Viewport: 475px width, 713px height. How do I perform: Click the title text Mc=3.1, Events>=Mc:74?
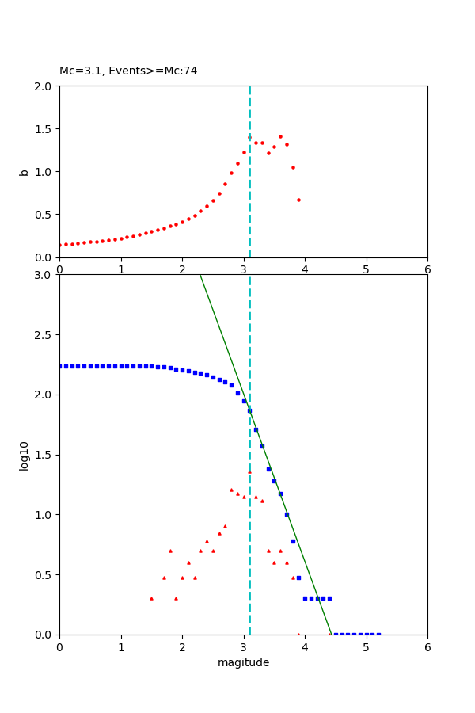click(x=128, y=71)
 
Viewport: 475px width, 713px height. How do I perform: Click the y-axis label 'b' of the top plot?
click(x=25, y=172)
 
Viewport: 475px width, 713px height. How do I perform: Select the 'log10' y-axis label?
click(x=25, y=456)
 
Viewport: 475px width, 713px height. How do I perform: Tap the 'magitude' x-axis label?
click(x=243, y=663)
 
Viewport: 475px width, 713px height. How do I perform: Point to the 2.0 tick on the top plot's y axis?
click(x=44, y=86)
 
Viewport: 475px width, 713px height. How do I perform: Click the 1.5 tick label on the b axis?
click(x=44, y=129)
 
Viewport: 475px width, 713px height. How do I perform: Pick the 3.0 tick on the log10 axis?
click(x=44, y=275)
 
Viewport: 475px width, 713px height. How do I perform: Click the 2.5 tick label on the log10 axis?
click(x=44, y=335)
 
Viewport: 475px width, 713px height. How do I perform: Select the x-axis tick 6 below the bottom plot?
click(x=427, y=647)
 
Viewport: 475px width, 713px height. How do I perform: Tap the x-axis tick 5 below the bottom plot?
click(x=366, y=647)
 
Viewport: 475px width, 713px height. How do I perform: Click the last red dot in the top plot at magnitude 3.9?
click(x=298, y=200)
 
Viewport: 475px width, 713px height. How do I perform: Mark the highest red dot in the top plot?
click(x=280, y=136)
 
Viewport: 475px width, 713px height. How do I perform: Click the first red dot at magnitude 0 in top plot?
click(x=59, y=245)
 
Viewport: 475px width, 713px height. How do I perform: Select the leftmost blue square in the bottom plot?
click(x=59, y=366)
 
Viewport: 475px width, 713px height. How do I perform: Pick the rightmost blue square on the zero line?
click(x=378, y=635)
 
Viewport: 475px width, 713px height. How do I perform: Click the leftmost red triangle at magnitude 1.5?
click(x=151, y=598)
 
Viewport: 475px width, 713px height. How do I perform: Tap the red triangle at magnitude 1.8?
click(x=170, y=551)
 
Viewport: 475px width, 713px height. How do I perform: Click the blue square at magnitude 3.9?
click(x=298, y=578)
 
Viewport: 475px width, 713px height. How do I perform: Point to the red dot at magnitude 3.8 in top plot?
click(x=293, y=167)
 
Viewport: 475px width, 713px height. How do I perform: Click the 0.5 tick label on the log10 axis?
click(x=44, y=575)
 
